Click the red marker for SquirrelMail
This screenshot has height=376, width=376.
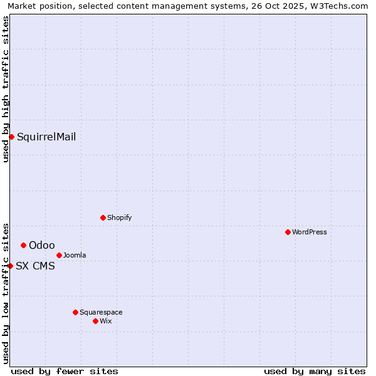(11, 137)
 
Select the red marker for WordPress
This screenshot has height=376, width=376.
(288, 232)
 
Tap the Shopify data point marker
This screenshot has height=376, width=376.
(103, 217)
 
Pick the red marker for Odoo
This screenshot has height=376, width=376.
(23, 245)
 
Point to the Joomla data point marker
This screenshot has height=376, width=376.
(59, 255)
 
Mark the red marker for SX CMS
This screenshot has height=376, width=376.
(10, 266)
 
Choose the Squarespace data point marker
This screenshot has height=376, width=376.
(75, 312)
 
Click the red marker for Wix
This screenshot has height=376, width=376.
(95, 321)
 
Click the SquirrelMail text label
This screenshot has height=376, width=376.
(46, 137)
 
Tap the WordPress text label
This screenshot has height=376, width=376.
(310, 232)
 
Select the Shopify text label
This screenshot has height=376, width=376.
(119, 217)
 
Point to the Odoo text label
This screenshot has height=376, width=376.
(42, 245)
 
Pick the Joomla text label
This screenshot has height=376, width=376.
(75, 255)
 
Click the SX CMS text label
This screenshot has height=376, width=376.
(35, 266)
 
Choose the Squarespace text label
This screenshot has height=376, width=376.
(101, 312)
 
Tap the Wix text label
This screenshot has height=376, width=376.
(105, 321)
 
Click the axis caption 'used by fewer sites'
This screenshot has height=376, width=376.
(65, 371)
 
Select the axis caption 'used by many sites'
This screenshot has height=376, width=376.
(315, 371)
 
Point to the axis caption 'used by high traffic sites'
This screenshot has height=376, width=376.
(6, 89)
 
